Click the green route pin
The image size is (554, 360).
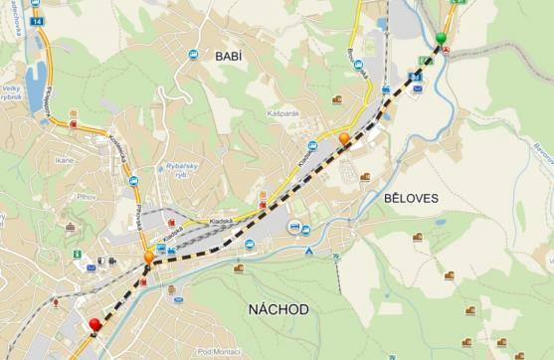click(441, 39)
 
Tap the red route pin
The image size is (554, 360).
click(95, 324)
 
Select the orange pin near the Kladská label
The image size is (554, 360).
click(344, 138)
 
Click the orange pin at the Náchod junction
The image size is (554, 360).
click(149, 257)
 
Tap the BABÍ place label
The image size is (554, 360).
click(229, 57)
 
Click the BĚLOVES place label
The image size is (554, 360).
click(410, 199)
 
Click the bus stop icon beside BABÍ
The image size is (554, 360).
click(191, 56)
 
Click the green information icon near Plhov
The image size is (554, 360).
click(77, 254)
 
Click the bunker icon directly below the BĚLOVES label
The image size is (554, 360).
click(418, 237)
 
